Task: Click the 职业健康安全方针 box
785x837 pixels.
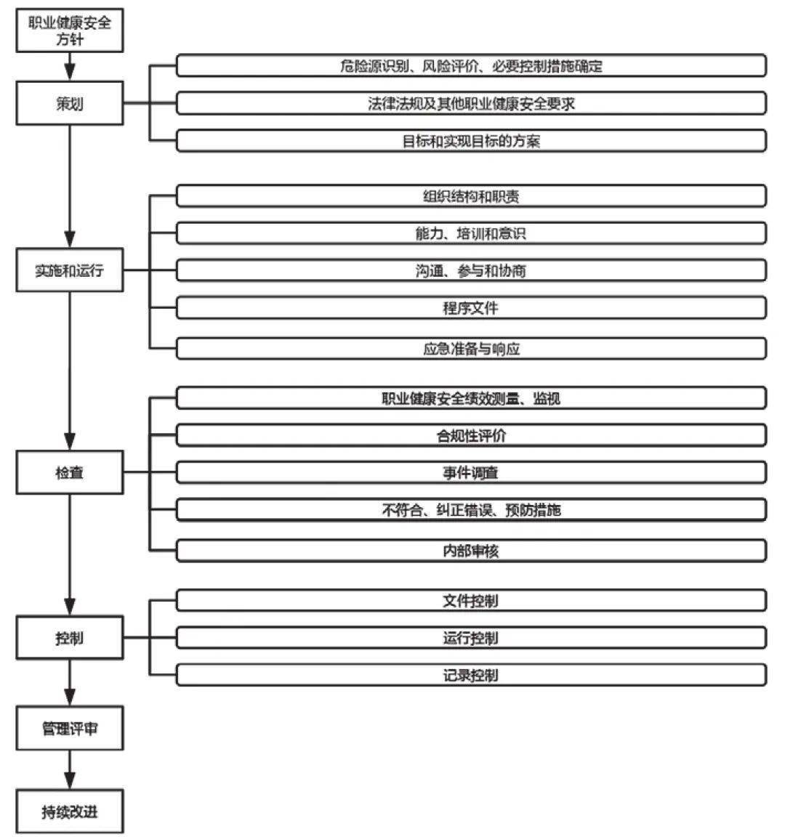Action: click(x=70, y=31)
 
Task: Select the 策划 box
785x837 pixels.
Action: click(x=70, y=104)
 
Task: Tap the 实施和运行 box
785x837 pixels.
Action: click(x=70, y=270)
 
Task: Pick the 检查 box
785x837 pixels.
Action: click(x=70, y=472)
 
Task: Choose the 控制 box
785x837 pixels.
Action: click(x=70, y=638)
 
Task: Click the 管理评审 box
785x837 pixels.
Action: click(x=70, y=728)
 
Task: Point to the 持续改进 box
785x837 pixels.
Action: click(x=70, y=811)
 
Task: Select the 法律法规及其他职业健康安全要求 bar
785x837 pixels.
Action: click(x=471, y=103)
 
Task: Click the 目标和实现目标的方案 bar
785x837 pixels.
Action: click(x=471, y=140)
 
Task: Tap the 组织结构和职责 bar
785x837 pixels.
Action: click(x=471, y=196)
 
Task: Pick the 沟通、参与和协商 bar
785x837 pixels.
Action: click(x=471, y=270)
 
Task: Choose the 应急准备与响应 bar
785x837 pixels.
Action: click(x=471, y=348)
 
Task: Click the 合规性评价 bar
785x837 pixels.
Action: click(x=471, y=435)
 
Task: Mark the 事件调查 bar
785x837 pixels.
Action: click(x=471, y=472)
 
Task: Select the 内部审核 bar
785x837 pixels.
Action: click(x=471, y=550)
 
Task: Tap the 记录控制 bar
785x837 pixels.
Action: click(x=471, y=675)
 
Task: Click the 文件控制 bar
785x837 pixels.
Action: click(x=471, y=601)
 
